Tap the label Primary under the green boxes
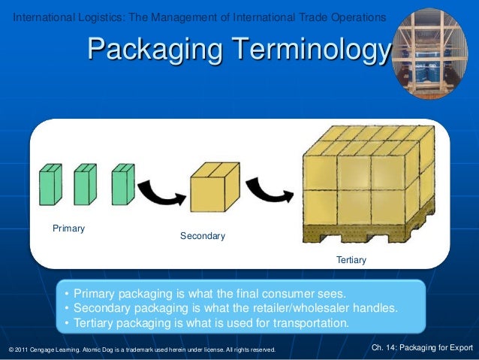pyautogui.click(x=68, y=228)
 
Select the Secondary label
pyautogui.click(x=202, y=236)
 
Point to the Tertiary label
pyautogui.click(x=351, y=260)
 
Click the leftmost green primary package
pyautogui.click(x=50, y=184)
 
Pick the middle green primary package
pyautogui.click(x=86, y=184)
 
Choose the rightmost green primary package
pyautogui.click(x=122, y=184)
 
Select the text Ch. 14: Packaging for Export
pyautogui.click(x=423, y=347)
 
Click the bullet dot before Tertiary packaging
pyautogui.click(x=68, y=324)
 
